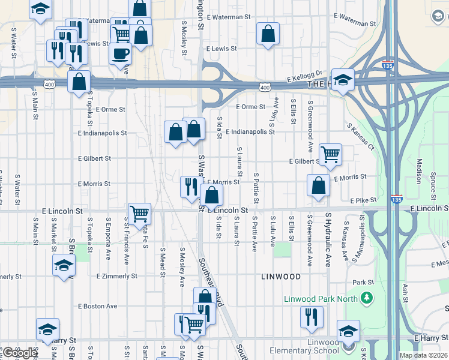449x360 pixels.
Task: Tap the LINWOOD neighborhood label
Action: (x=280, y=277)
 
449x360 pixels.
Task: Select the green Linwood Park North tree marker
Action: (x=366, y=298)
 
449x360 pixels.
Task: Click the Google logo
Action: (x=19, y=353)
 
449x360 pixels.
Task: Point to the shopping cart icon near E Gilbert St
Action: (x=330, y=154)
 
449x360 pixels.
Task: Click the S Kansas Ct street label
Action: (x=360, y=137)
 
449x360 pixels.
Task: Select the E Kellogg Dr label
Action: (x=305, y=75)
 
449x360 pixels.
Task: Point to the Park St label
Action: (x=359, y=282)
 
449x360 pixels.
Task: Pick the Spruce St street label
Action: (x=433, y=185)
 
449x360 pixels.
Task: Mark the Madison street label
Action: (x=419, y=170)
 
